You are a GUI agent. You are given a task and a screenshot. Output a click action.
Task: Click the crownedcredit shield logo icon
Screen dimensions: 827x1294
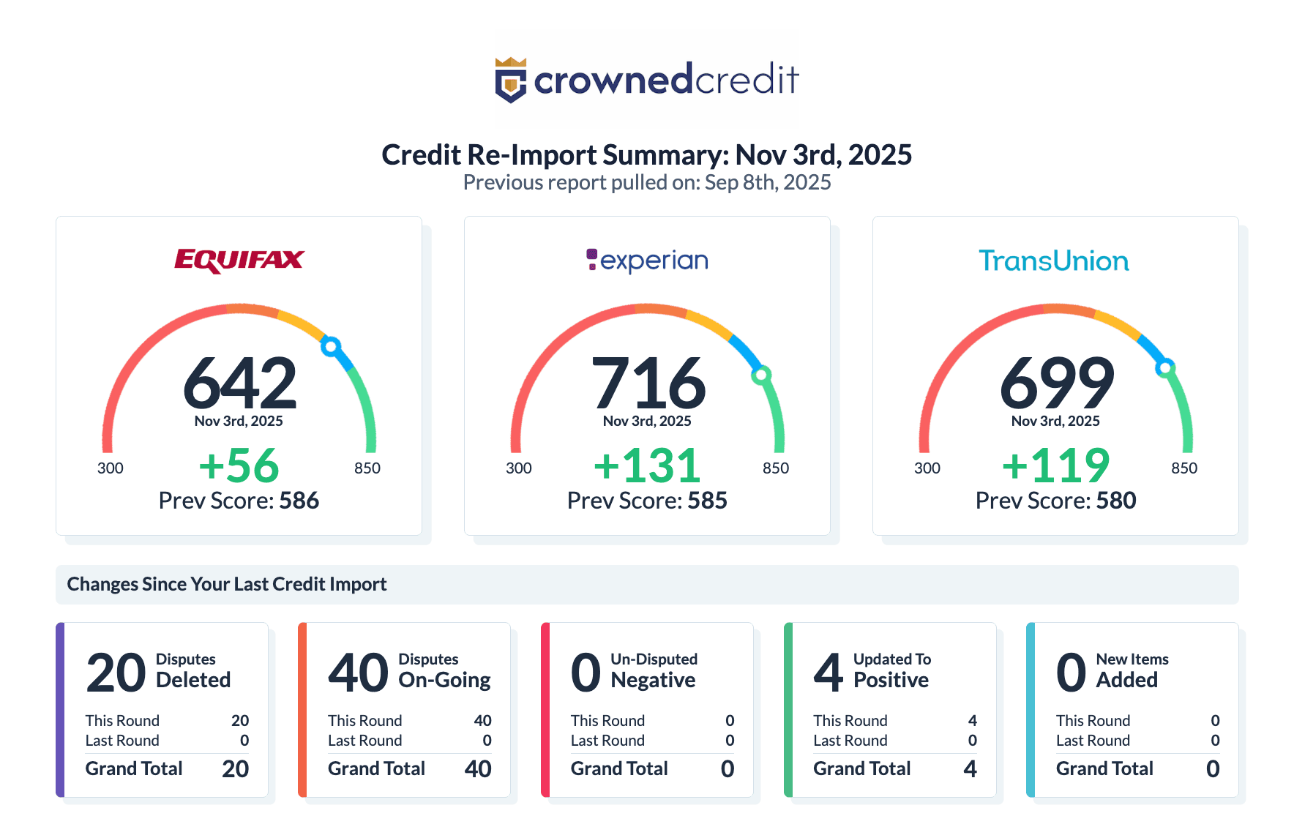coord(511,80)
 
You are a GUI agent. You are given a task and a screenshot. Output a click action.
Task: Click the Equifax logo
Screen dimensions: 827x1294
coord(239,261)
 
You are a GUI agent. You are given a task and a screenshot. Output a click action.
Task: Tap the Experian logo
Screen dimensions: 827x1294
coord(647,261)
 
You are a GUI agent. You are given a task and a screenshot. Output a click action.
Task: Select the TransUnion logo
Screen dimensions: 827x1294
coord(1054,261)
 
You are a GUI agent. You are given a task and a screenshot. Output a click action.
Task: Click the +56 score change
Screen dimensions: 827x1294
coord(239,465)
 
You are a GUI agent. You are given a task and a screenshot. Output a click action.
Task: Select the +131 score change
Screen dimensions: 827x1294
coord(647,465)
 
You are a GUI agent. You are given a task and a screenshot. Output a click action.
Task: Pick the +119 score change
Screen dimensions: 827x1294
coord(1055,465)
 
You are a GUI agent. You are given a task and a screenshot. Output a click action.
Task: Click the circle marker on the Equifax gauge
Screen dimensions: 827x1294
coord(331,346)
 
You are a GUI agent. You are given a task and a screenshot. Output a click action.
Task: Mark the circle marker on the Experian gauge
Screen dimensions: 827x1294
coord(761,375)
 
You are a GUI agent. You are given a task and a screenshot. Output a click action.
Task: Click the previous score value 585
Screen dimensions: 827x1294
coord(707,501)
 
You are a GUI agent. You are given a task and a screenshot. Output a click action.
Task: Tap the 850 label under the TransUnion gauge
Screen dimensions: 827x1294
coord(1183,468)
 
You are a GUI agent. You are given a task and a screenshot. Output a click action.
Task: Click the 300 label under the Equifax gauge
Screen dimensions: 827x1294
coord(111,468)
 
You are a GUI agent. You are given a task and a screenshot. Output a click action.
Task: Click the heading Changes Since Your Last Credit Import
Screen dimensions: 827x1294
coord(227,584)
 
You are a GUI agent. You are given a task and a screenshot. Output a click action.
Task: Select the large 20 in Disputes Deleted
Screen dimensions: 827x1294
coord(116,673)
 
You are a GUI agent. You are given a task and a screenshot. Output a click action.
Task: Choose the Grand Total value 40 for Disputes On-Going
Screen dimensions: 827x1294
coord(477,768)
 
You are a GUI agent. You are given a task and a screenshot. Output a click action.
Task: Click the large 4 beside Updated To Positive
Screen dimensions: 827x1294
coord(829,673)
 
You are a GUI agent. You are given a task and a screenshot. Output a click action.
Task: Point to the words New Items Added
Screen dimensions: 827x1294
coord(1131,670)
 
